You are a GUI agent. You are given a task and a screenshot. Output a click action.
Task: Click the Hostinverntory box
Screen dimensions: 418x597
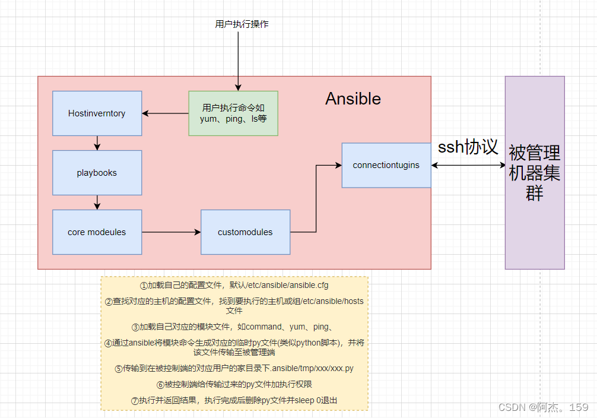pyautogui.click(x=97, y=113)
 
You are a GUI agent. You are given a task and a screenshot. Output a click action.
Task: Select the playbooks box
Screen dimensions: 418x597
pyautogui.click(x=97, y=173)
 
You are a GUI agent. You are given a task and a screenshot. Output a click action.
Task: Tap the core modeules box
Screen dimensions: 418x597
pyautogui.click(x=97, y=232)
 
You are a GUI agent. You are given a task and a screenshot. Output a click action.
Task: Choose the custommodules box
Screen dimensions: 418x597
pyautogui.click(x=245, y=232)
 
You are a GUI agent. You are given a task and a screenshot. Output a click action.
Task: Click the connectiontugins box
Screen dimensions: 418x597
pyautogui.click(x=386, y=165)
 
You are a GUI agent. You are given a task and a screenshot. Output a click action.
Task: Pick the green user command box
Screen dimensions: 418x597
pyautogui.click(x=233, y=113)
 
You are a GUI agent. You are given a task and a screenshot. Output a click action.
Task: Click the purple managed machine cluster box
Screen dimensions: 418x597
pyautogui.click(x=534, y=172)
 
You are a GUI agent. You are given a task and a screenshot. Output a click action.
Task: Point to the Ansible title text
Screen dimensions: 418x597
pyautogui.click(x=353, y=99)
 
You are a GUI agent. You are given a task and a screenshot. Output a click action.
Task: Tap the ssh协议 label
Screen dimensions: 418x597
pyautogui.click(x=468, y=147)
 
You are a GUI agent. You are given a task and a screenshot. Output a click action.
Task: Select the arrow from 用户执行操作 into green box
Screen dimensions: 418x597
pyautogui.click(x=238, y=59)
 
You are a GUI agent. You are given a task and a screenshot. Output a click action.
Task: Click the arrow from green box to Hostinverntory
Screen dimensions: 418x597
pyautogui.click(x=165, y=113)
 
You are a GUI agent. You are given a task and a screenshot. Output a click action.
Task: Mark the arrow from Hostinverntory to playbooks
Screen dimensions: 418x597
pyautogui.click(x=97, y=143)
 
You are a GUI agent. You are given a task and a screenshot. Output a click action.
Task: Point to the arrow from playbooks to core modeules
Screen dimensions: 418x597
pyautogui.click(x=97, y=202)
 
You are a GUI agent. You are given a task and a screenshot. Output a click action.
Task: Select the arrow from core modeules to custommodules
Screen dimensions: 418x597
pyautogui.click(x=171, y=232)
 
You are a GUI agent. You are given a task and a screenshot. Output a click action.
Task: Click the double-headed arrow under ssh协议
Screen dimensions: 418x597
pyautogui.click(x=468, y=165)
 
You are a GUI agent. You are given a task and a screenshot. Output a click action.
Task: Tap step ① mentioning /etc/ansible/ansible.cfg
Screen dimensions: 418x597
pyautogui.click(x=234, y=285)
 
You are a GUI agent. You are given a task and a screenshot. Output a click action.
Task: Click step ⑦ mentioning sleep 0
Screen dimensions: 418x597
pyautogui.click(x=234, y=400)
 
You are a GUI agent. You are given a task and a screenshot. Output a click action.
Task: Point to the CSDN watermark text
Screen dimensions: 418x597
pyautogui.click(x=543, y=407)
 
